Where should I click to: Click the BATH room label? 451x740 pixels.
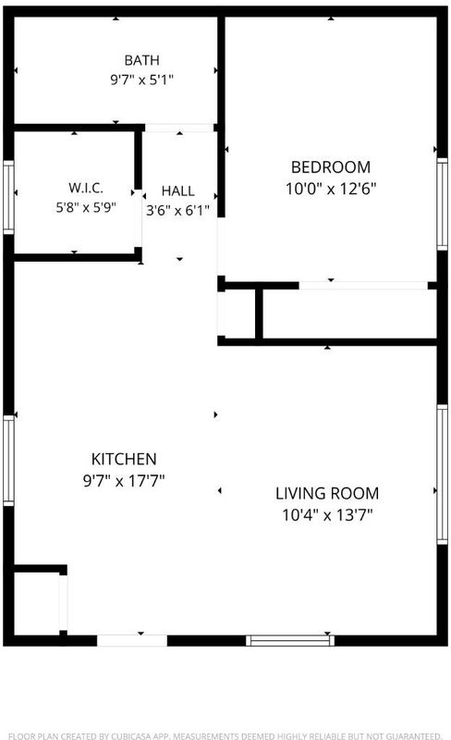tap(141, 60)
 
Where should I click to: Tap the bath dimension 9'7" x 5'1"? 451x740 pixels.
tap(141, 80)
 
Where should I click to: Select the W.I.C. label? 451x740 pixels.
tap(86, 188)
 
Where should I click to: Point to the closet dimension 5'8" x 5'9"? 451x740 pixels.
tap(86, 207)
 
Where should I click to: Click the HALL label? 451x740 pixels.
tap(177, 191)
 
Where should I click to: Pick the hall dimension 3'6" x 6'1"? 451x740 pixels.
tap(177, 210)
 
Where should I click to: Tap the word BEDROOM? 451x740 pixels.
tap(331, 167)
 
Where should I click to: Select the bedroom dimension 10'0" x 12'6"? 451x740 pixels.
tap(331, 189)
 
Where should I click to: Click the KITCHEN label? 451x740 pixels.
tap(124, 459)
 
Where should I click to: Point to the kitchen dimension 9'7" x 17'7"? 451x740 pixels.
tap(124, 480)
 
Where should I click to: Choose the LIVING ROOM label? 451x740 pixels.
tap(327, 493)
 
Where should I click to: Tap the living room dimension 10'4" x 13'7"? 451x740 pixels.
tap(327, 514)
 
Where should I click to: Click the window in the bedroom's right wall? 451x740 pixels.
tap(442, 203)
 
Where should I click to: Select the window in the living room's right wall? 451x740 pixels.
tap(442, 475)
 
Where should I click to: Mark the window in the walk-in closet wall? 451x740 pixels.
tap(8, 197)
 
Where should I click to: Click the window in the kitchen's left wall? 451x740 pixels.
tap(8, 461)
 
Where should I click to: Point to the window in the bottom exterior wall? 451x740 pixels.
tap(290, 640)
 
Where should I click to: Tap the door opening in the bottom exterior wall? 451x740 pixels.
tap(132, 640)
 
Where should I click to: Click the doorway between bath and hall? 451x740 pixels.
tap(179, 128)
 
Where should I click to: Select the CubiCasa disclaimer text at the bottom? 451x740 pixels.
tap(225, 735)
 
